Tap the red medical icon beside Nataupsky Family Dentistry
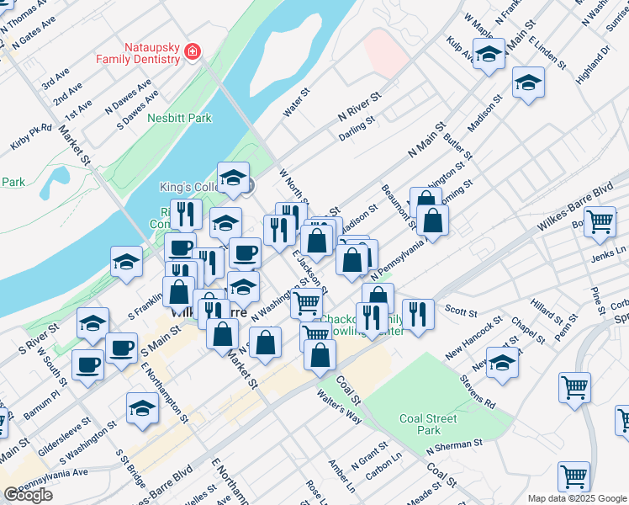pyautogui.click(x=193, y=52)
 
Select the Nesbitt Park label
pyautogui.click(x=179, y=119)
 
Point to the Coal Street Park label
pyautogui.click(x=428, y=425)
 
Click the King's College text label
pyautogui.click(x=188, y=187)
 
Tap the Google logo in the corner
pyautogui.click(x=29, y=495)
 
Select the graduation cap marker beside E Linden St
pyautogui.click(x=528, y=82)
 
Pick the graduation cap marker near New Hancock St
pyautogui.click(x=502, y=363)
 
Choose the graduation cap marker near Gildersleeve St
pyautogui.click(x=143, y=408)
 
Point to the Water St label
pyautogui.click(x=297, y=102)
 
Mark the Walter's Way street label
pyautogui.click(x=339, y=402)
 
